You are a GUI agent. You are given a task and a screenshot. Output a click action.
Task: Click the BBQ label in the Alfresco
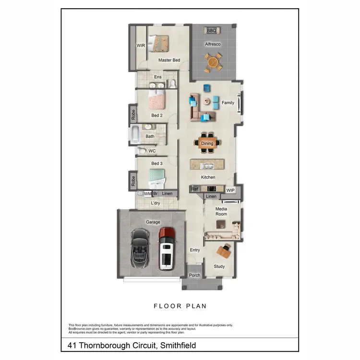coord(212,31)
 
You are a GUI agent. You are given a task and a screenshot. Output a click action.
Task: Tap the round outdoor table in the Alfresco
coord(213,62)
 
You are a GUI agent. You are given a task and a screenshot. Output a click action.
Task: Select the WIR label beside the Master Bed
coord(141,46)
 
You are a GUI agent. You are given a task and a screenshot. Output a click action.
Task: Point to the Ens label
coord(157,77)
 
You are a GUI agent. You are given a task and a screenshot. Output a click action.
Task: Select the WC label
coord(152,151)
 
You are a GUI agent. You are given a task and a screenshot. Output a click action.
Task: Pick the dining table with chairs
coord(207,143)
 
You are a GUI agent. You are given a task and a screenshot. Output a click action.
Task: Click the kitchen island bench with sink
coord(208,166)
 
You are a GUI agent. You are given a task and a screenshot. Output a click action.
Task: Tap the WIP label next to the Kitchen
coord(230,190)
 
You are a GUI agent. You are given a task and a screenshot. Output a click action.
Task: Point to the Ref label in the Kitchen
coord(195,189)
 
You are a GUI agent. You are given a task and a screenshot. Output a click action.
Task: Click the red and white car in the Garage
coord(166,247)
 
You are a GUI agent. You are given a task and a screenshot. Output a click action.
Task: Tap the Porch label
coord(194,276)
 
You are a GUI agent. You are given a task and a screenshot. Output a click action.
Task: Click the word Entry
coord(195,250)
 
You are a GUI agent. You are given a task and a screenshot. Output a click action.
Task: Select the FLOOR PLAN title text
coord(180,305)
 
